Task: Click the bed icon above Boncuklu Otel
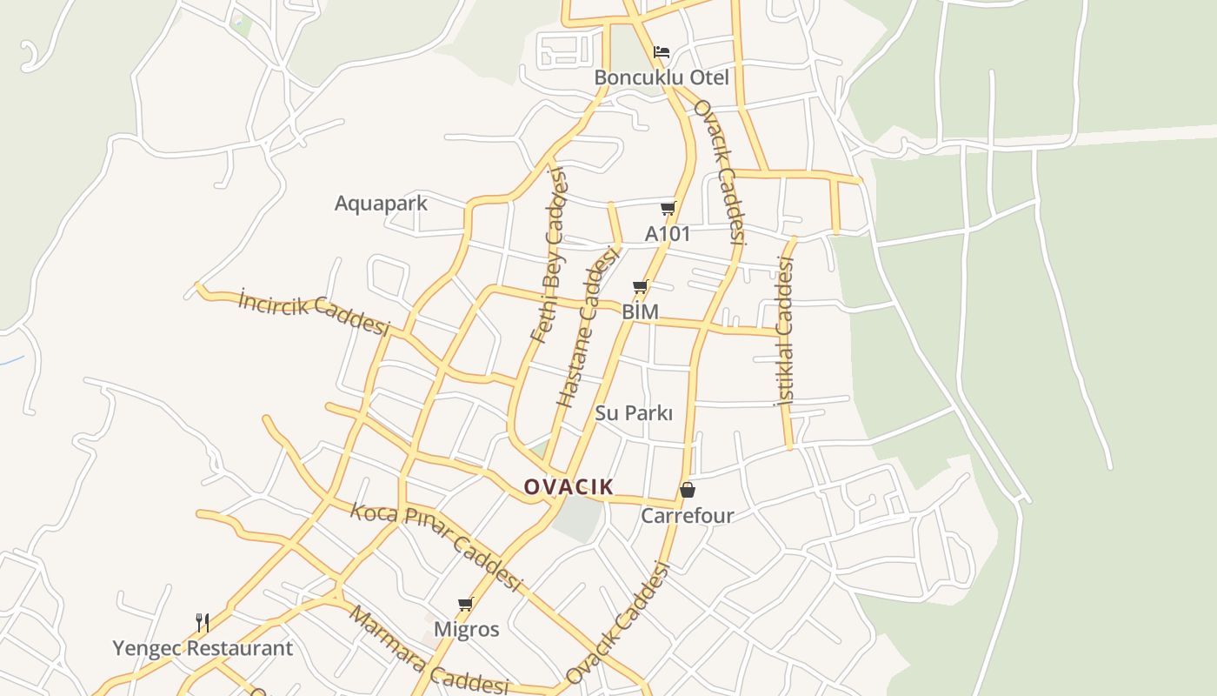point(662,52)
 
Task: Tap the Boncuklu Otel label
point(662,77)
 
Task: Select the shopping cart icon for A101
point(668,208)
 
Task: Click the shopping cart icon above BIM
point(641,286)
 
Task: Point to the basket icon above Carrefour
point(688,490)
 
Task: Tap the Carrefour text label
point(688,516)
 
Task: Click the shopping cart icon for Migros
point(466,604)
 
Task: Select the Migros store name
point(467,629)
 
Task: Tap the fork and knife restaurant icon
point(203,622)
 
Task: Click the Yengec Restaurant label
point(203,648)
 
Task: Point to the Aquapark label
point(381,204)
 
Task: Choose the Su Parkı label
point(634,413)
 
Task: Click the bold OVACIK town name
point(569,487)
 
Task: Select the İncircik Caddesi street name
point(314,311)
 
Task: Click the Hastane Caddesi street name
point(588,328)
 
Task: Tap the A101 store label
point(668,234)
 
